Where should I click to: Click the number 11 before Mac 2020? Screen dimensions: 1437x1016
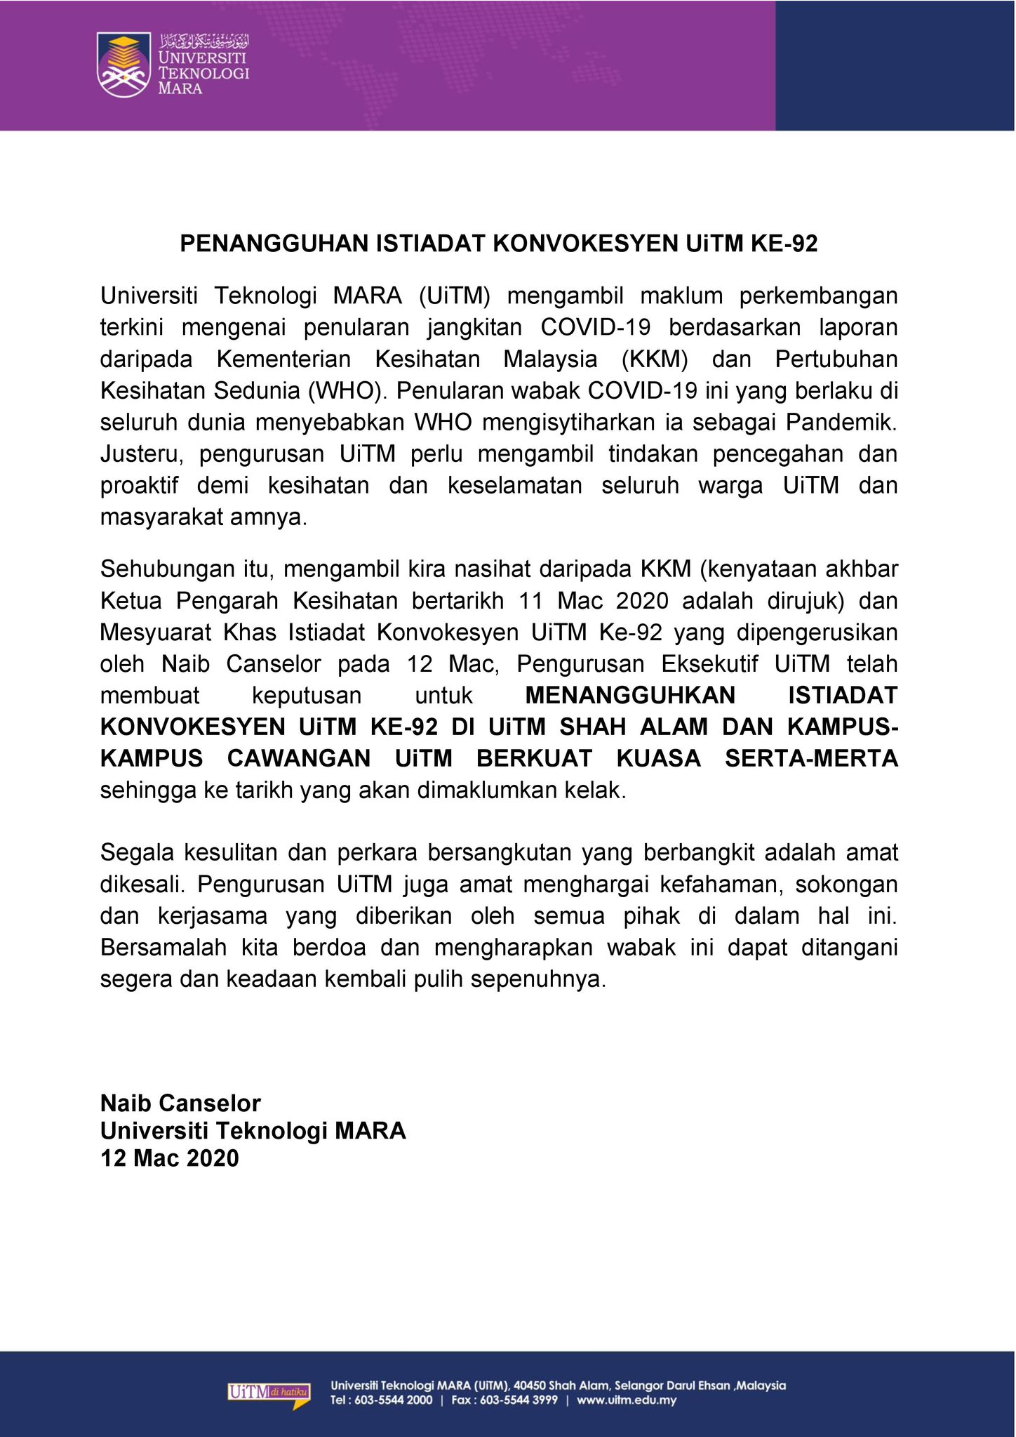point(531,601)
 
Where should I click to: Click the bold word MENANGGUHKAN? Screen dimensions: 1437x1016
point(630,696)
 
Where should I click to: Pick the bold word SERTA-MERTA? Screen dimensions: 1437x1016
point(811,759)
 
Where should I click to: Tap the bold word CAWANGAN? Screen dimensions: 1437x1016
point(299,759)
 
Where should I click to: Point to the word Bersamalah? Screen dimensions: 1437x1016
point(163,948)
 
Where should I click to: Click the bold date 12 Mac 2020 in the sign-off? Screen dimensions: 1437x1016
point(170,1158)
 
